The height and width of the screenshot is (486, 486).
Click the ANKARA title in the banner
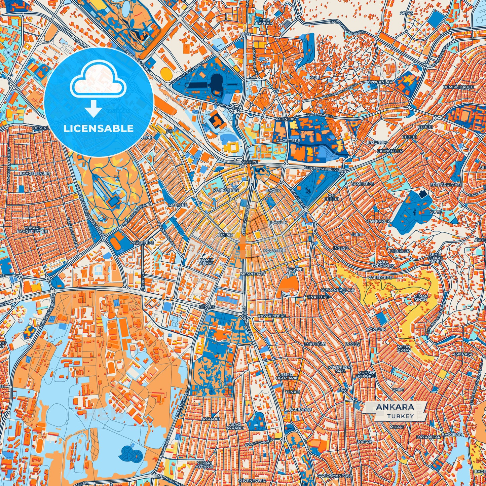coord(395,407)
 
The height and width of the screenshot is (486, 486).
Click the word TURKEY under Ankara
coord(400,416)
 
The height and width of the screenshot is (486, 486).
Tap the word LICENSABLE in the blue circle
coord(99,128)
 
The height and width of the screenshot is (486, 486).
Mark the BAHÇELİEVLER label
coord(35,173)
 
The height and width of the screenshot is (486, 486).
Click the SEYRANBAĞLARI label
coord(337,290)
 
